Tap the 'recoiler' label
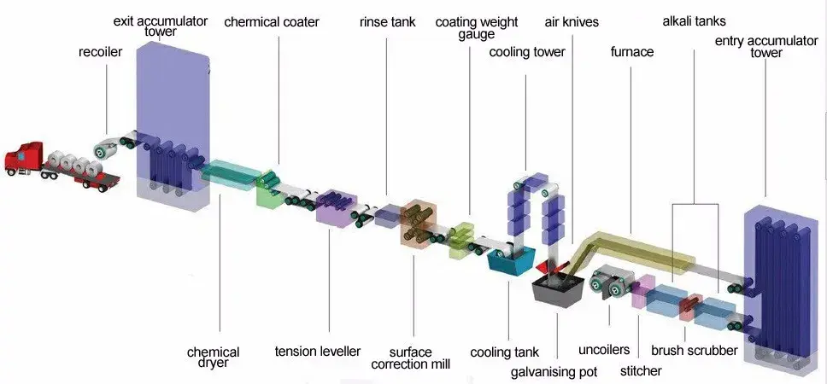pos(101,52)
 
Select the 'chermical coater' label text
pos(271,22)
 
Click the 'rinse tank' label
pos(387,22)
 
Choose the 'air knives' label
pos(572,22)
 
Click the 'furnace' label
pos(632,52)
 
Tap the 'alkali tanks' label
pos(693,22)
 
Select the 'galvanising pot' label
pos(554,371)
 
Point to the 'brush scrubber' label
pos(694,350)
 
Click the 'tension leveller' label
pos(318,352)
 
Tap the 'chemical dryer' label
pos(213,358)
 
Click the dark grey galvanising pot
pos(557,290)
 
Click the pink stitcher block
pos(642,292)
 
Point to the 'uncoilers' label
pos(604,350)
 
